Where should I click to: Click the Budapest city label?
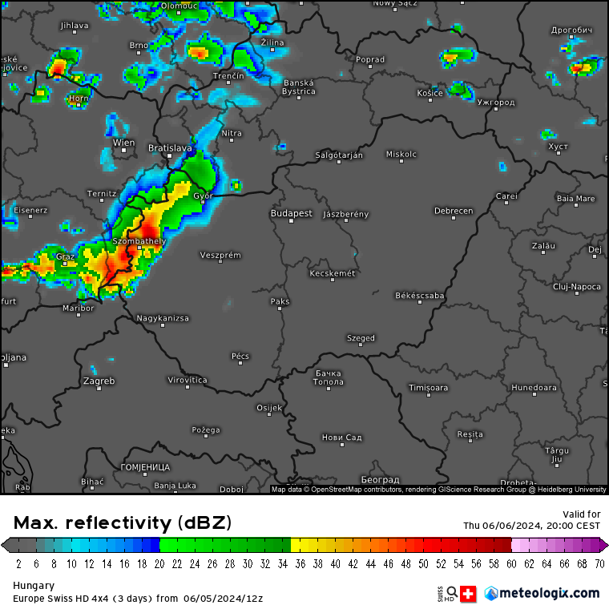[x=291, y=214]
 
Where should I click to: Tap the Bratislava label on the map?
[x=170, y=148]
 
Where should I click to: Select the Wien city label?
[x=124, y=143]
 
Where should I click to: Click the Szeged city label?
[x=361, y=338]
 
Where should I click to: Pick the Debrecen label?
[x=454, y=212]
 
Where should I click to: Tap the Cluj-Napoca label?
[x=577, y=286]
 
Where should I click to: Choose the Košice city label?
[x=430, y=94]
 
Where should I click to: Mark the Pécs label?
[x=240, y=356]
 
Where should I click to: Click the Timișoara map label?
[x=428, y=388]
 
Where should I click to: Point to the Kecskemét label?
[x=332, y=274]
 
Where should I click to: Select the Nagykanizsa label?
[x=163, y=318]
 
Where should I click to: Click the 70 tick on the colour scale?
[x=599, y=563]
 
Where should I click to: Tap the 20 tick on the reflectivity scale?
[x=159, y=563]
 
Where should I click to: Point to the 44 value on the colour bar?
[x=371, y=563]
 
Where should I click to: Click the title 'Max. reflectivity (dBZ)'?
[x=122, y=523]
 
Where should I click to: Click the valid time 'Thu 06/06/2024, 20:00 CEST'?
[x=531, y=526]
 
